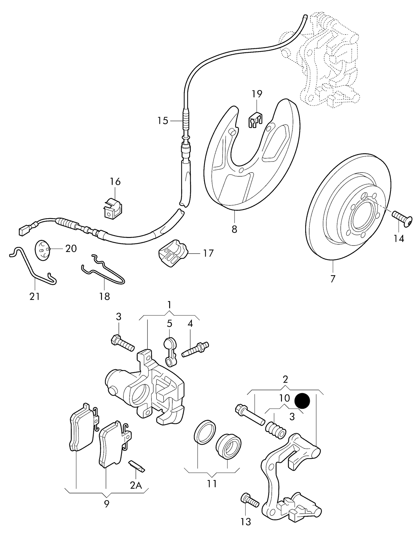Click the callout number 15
click(163, 121)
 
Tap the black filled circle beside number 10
click(302, 401)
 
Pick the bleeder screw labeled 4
click(195, 349)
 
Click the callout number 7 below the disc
click(333, 279)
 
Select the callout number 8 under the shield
click(234, 229)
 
